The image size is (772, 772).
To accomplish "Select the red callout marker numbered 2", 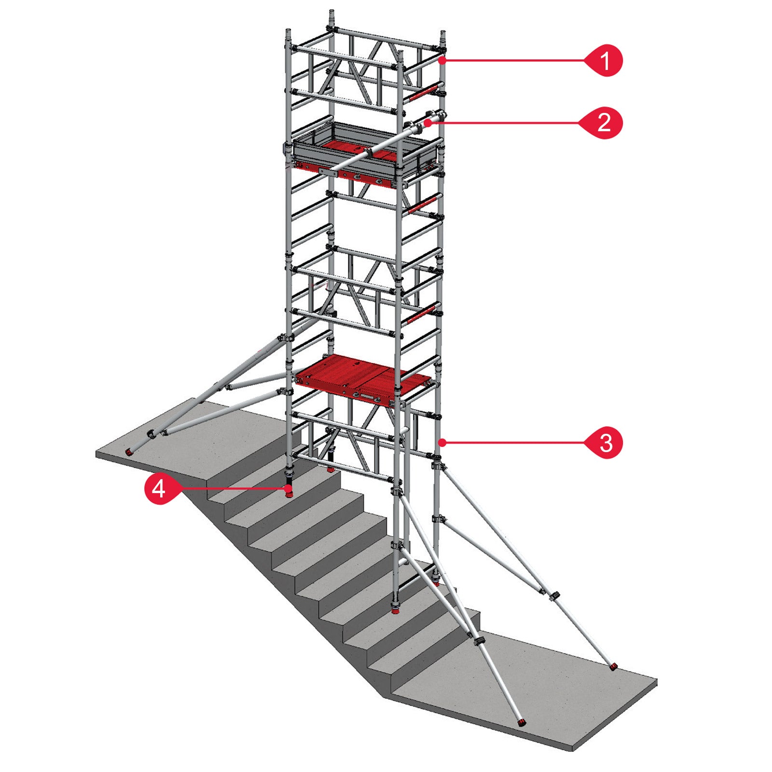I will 604,123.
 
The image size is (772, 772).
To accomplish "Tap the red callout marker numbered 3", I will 605,442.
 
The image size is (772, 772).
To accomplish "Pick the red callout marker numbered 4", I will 160,489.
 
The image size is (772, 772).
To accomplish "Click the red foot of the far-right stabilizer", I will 613,667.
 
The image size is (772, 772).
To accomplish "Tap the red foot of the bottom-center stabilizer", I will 521,722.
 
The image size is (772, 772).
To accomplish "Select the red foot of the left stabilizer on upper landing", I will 129,452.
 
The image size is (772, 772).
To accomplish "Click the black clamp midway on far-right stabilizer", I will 555,594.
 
